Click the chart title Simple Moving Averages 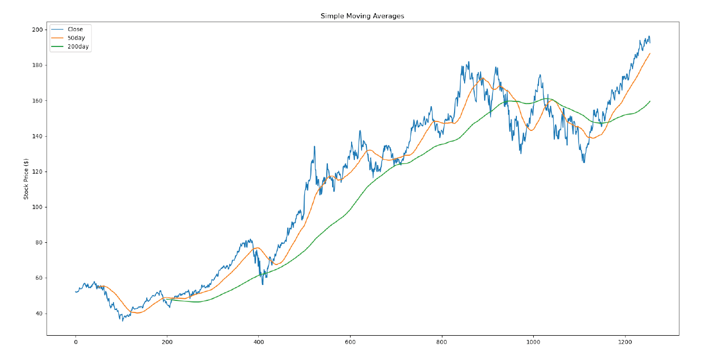click(x=362, y=16)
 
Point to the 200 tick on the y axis click(x=37, y=30)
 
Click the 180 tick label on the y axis click(x=37, y=65)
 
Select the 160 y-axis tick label click(x=37, y=100)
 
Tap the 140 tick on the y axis click(x=37, y=136)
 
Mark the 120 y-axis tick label click(x=37, y=172)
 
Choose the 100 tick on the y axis click(x=37, y=207)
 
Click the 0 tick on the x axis click(x=75, y=343)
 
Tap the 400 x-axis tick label click(x=259, y=343)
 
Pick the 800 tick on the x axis click(x=442, y=343)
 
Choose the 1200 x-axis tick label click(x=625, y=343)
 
